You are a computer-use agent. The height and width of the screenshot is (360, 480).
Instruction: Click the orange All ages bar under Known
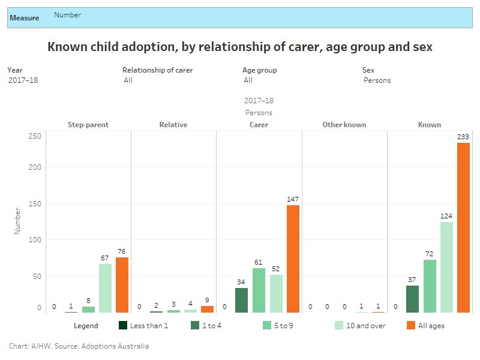point(463,227)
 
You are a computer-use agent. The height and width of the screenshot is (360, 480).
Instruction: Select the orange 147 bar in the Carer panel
point(293,259)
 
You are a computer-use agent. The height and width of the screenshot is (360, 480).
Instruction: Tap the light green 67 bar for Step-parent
point(105,288)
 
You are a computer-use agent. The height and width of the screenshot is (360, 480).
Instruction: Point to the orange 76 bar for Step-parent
point(122,285)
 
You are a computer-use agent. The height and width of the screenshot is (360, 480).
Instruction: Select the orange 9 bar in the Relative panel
point(207,309)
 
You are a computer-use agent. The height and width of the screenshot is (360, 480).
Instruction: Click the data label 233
point(463,137)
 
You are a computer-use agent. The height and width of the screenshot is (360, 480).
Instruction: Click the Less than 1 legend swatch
point(123,326)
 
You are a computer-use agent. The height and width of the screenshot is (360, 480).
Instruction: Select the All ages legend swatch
point(411,326)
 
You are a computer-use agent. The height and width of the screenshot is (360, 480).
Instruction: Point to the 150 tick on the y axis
point(35,204)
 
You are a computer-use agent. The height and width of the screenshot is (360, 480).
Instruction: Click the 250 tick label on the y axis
point(35,136)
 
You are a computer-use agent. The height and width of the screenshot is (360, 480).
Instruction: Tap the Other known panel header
point(344,125)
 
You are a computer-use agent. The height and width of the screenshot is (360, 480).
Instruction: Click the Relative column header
point(173,125)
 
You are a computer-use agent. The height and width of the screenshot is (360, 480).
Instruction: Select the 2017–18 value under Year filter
point(23,80)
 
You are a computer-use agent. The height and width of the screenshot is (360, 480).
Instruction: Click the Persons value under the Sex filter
point(377,80)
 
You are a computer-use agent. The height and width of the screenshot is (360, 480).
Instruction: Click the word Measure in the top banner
point(25,18)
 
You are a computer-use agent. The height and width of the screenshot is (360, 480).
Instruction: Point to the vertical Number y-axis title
point(17,221)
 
